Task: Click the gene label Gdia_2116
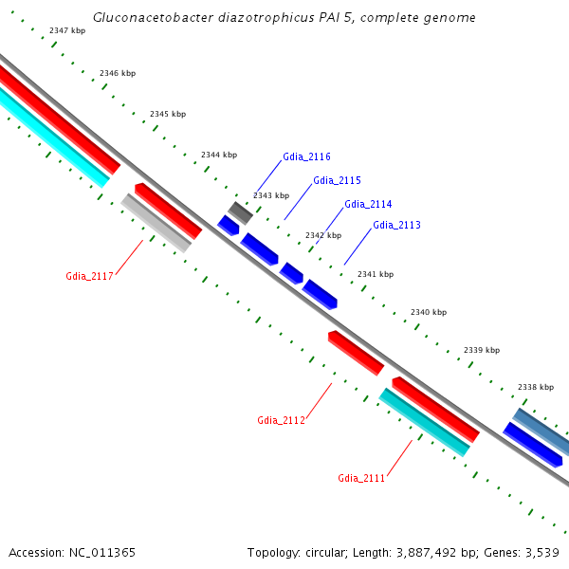[306, 156]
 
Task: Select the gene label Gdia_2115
[337, 180]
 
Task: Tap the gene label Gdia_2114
[368, 204]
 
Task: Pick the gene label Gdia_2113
[396, 225]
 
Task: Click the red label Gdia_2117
[89, 276]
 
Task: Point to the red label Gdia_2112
[281, 420]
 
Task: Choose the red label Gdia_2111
[361, 478]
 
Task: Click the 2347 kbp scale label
[67, 30]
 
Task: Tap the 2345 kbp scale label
[168, 114]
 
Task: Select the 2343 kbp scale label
[271, 195]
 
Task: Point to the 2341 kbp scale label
[376, 274]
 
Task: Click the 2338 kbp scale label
[535, 387]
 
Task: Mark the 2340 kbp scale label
[429, 312]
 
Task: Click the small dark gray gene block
[240, 212]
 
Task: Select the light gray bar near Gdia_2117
[156, 223]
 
